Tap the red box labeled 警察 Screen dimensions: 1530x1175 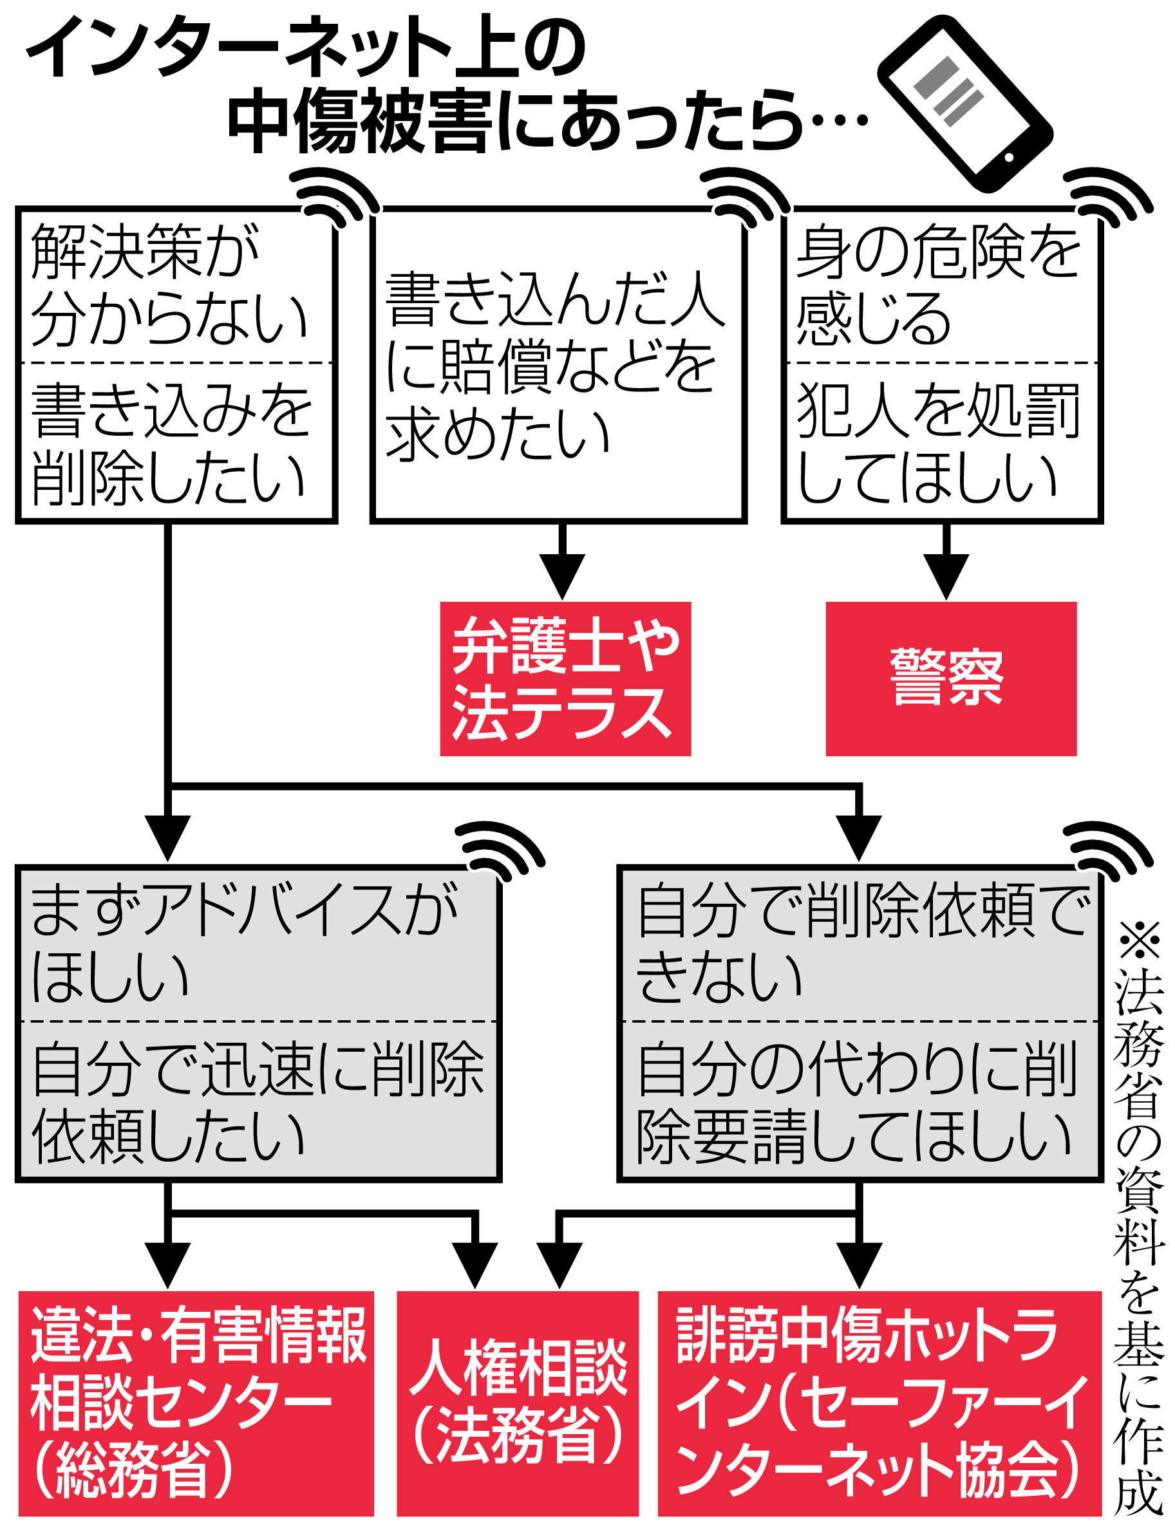point(950,678)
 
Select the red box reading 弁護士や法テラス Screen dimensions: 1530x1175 point(565,678)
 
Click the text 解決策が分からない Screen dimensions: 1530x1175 point(168,285)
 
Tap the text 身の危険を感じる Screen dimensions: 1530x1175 point(937,285)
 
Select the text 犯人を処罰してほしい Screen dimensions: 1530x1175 point(937,444)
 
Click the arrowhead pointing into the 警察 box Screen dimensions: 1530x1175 point(946,575)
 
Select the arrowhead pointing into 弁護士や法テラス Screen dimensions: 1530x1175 point(562,575)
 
